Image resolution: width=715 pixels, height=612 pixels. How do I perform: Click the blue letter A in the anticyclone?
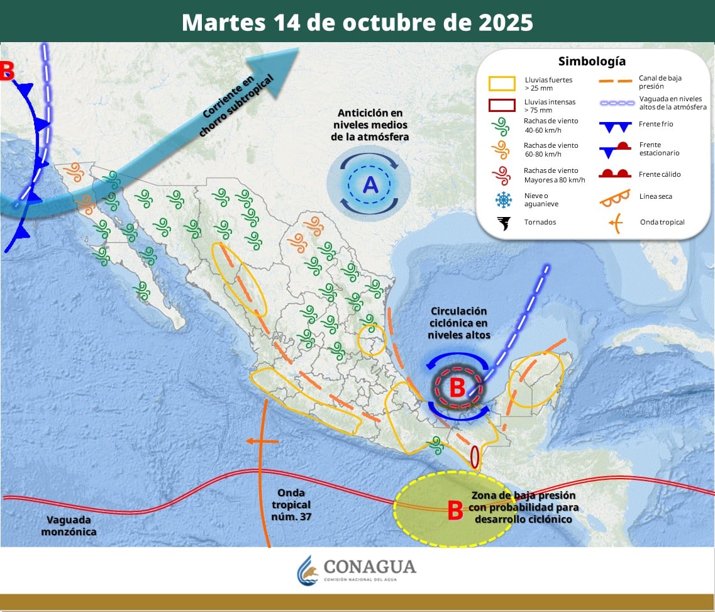click(x=370, y=185)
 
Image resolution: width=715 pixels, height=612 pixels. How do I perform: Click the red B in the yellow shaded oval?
click(x=455, y=511)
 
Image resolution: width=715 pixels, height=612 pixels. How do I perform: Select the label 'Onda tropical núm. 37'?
click(x=291, y=505)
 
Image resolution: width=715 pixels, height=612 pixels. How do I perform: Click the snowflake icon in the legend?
click(x=503, y=199)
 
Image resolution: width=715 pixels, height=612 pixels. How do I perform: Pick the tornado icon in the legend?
click(x=503, y=223)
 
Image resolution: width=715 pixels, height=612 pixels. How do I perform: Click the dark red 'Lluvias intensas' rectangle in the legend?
click(x=502, y=105)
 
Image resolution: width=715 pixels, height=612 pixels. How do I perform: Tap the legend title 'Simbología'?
click(x=592, y=61)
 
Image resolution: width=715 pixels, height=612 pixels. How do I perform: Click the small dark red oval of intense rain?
click(x=475, y=457)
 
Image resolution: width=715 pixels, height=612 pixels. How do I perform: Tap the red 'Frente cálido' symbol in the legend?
click(x=614, y=174)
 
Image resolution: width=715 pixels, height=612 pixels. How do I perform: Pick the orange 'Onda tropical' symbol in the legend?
click(x=614, y=221)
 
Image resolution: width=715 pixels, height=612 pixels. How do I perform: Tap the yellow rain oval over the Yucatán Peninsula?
click(x=535, y=380)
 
